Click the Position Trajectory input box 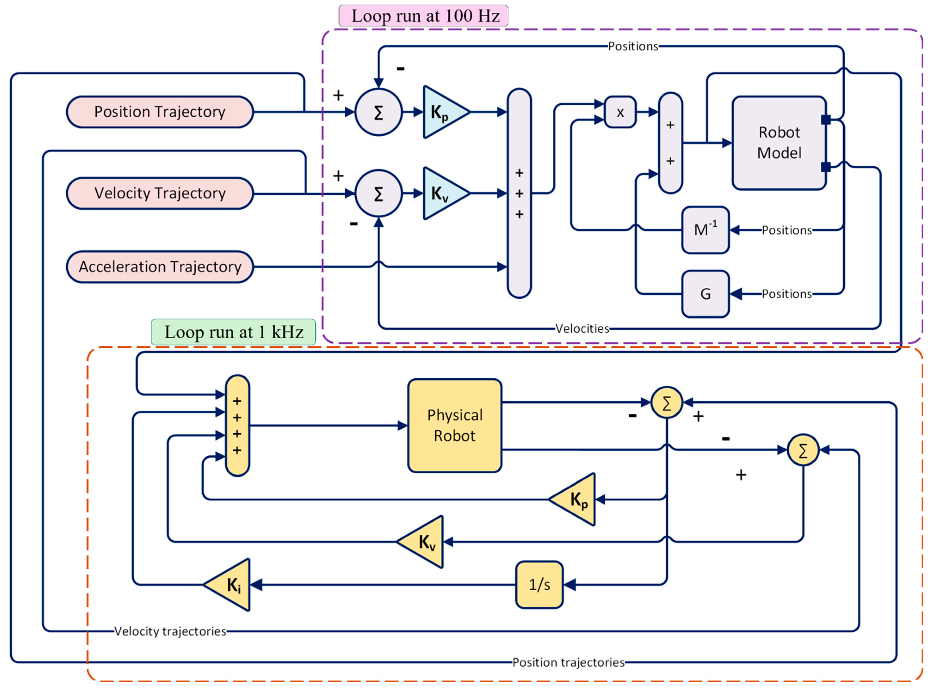160,112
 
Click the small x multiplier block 620,112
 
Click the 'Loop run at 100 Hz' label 423,16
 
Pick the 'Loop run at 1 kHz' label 234,332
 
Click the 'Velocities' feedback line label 582,328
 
